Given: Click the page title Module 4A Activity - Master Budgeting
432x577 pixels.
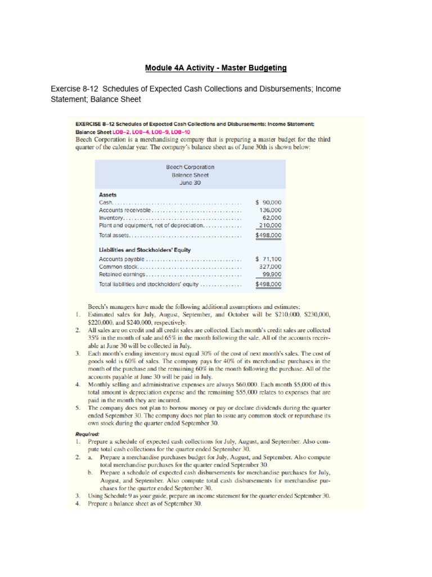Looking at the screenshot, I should pyautogui.click(x=216, y=68).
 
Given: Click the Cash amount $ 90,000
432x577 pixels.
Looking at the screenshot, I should pyautogui.click(x=268, y=202).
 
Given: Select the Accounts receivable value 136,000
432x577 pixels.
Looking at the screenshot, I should pyautogui.click(x=270, y=210).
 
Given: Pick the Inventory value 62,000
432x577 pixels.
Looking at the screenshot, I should pyautogui.click(x=272, y=218).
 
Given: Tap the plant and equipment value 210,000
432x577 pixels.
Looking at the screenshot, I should pyautogui.click(x=270, y=225).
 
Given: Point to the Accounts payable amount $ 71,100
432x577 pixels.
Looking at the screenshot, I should pyautogui.click(x=268, y=259).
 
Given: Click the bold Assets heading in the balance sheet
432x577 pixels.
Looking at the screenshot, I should pyautogui.click(x=108, y=194).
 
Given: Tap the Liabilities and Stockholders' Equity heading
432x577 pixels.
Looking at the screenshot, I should pyautogui.click(x=145, y=250).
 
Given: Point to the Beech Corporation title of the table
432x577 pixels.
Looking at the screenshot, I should pyautogui.click(x=190, y=167).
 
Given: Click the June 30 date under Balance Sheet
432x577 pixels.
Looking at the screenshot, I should pyautogui.click(x=190, y=183).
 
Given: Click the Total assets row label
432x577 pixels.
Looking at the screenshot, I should pyautogui.click(x=114, y=235).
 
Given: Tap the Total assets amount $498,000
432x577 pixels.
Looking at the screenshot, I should pyautogui.click(x=268, y=235).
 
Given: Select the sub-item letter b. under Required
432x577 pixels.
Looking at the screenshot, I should pyautogui.click(x=91, y=473).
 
